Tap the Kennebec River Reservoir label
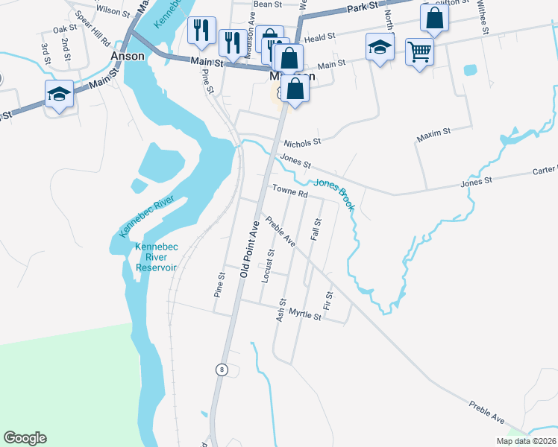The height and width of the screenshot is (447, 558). (156, 258)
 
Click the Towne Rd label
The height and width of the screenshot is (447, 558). (289, 192)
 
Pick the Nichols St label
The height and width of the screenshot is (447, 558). (301, 141)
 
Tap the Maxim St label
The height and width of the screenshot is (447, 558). (434, 132)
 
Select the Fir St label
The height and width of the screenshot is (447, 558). (327, 301)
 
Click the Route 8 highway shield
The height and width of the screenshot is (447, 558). (222, 369)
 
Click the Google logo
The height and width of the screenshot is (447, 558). (25, 438)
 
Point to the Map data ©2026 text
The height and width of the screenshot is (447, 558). (526, 441)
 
